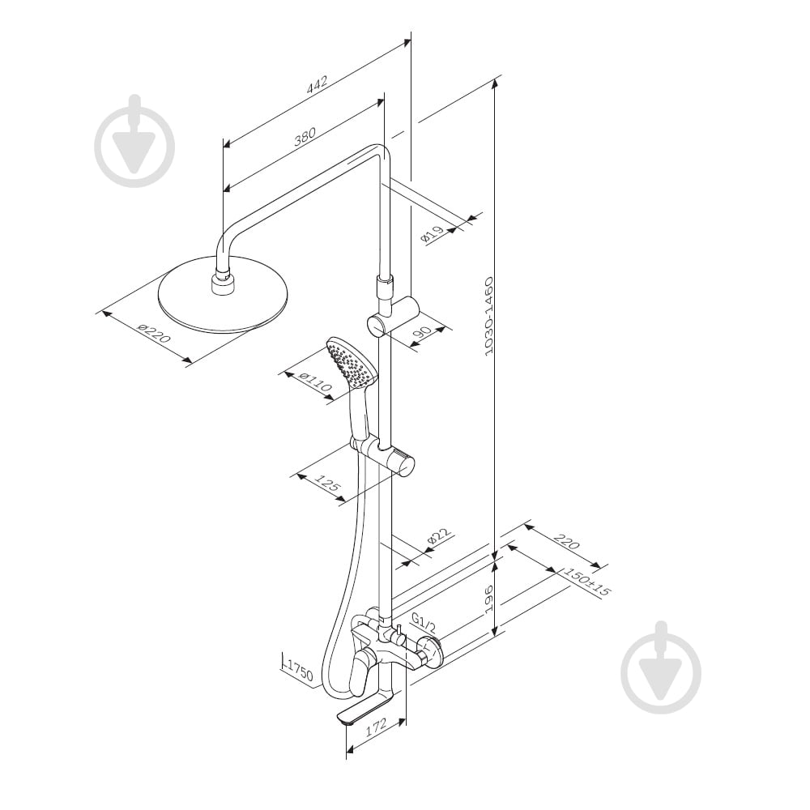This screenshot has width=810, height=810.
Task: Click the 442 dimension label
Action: pyautogui.click(x=316, y=86)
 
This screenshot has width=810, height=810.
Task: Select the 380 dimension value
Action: pyautogui.click(x=305, y=138)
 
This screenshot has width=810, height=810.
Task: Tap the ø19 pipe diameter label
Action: pyautogui.click(x=433, y=235)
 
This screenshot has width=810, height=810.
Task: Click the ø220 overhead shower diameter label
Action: pyautogui.click(x=154, y=334)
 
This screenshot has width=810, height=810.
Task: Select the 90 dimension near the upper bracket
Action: pyautogui.click(x=422, y=336)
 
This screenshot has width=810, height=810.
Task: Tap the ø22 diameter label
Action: pyautogui.click(x=439, y=538)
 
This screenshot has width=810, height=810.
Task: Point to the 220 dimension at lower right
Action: pyautogui.click(x=567, y=542)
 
